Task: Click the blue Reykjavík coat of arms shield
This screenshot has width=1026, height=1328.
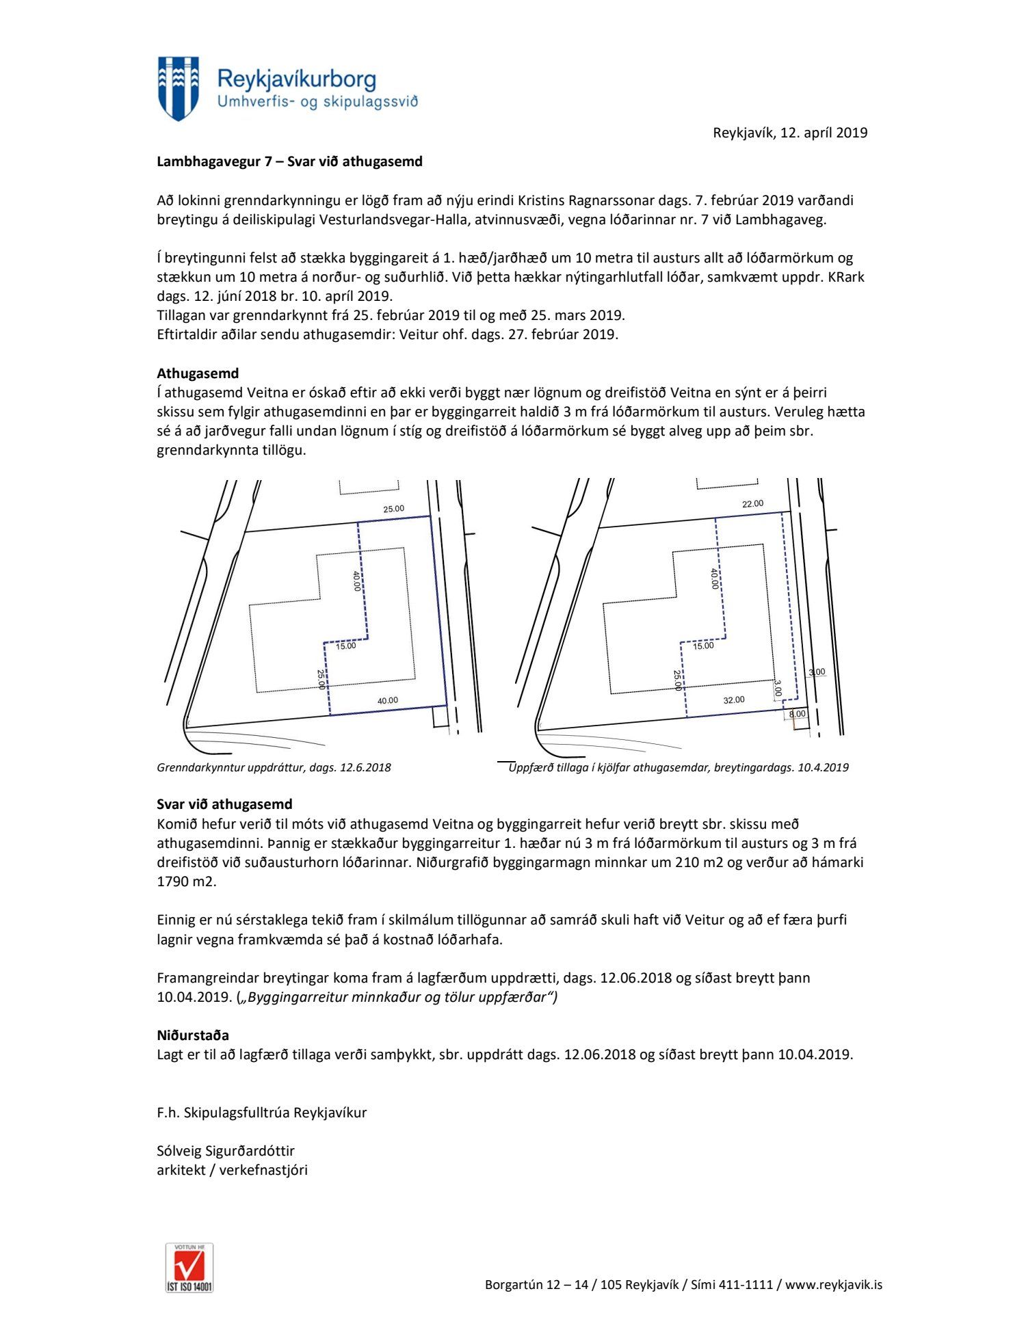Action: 179,88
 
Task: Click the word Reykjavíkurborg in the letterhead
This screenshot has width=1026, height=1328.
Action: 297,80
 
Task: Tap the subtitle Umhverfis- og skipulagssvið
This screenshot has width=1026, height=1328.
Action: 317,103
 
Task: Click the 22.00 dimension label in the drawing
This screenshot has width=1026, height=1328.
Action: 752,504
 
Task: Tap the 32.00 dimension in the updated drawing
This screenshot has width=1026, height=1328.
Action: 734,700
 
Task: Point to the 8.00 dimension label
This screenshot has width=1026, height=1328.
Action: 798,714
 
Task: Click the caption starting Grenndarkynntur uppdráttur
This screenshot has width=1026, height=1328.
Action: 274,767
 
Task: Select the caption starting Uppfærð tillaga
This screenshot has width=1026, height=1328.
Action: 679,767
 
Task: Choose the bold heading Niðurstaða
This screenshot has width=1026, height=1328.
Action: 193,1035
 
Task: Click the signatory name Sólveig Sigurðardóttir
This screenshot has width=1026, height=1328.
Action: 226,1151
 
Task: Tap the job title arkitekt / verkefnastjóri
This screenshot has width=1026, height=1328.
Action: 232,1170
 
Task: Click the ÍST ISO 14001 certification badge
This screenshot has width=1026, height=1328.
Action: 189,1267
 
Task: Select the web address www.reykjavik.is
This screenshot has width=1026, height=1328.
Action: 834,1285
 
